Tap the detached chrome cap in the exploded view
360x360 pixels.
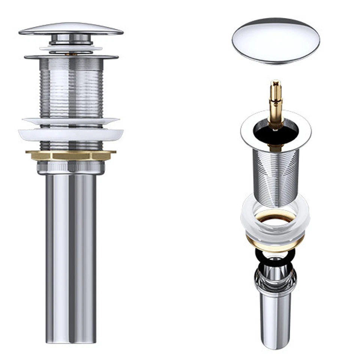click(x=276, y=40)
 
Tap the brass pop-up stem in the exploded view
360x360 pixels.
click(x=276, y=101)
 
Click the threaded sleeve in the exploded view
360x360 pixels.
click(x=276, y=176)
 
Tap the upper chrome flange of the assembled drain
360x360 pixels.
click(x=71, y=57)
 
